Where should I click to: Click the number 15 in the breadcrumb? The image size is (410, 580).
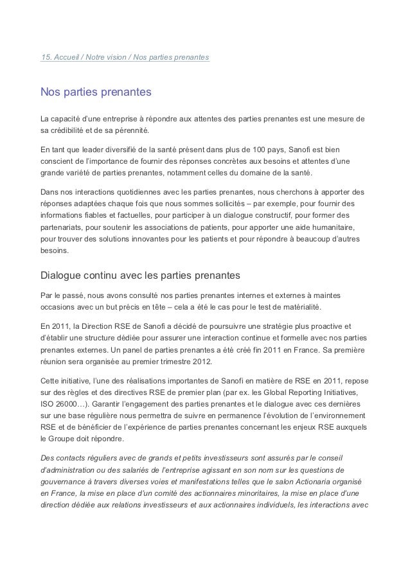tap(44, 58)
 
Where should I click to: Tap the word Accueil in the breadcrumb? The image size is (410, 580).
tap(66, 58)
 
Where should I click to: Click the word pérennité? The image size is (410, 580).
tap(131, 130)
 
